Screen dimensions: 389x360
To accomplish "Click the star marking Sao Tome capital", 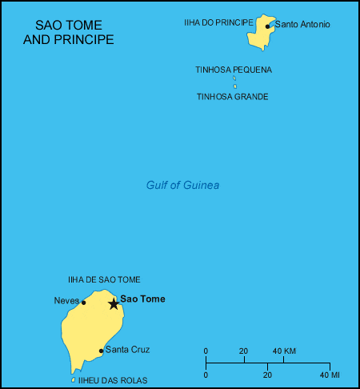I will coord(114,303).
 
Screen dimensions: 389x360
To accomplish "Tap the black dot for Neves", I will coord(83,303).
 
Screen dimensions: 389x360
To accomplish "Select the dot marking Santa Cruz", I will coord(101,351).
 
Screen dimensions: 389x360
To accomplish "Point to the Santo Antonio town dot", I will coord(268,26).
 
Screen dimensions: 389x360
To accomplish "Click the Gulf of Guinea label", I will coord(182,186).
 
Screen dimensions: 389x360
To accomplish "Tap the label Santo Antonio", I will coord(302,24).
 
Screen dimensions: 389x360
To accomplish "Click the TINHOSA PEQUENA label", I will coord(234,70).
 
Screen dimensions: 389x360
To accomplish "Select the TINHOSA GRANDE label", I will coord(232,97).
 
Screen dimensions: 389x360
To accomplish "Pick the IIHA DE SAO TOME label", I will coord(104,279).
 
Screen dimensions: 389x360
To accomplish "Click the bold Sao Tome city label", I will coord(142,299).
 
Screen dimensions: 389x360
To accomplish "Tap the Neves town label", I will coord(66,301).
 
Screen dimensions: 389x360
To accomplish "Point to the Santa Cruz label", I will coord(128,350).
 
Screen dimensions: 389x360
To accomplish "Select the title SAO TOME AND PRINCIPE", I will coord(69,33).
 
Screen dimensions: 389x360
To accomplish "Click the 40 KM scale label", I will coord(285,351).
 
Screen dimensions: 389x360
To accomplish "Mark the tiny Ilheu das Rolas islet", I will coord(74,379).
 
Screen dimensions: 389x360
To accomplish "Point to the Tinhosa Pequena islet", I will coord(234,78).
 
